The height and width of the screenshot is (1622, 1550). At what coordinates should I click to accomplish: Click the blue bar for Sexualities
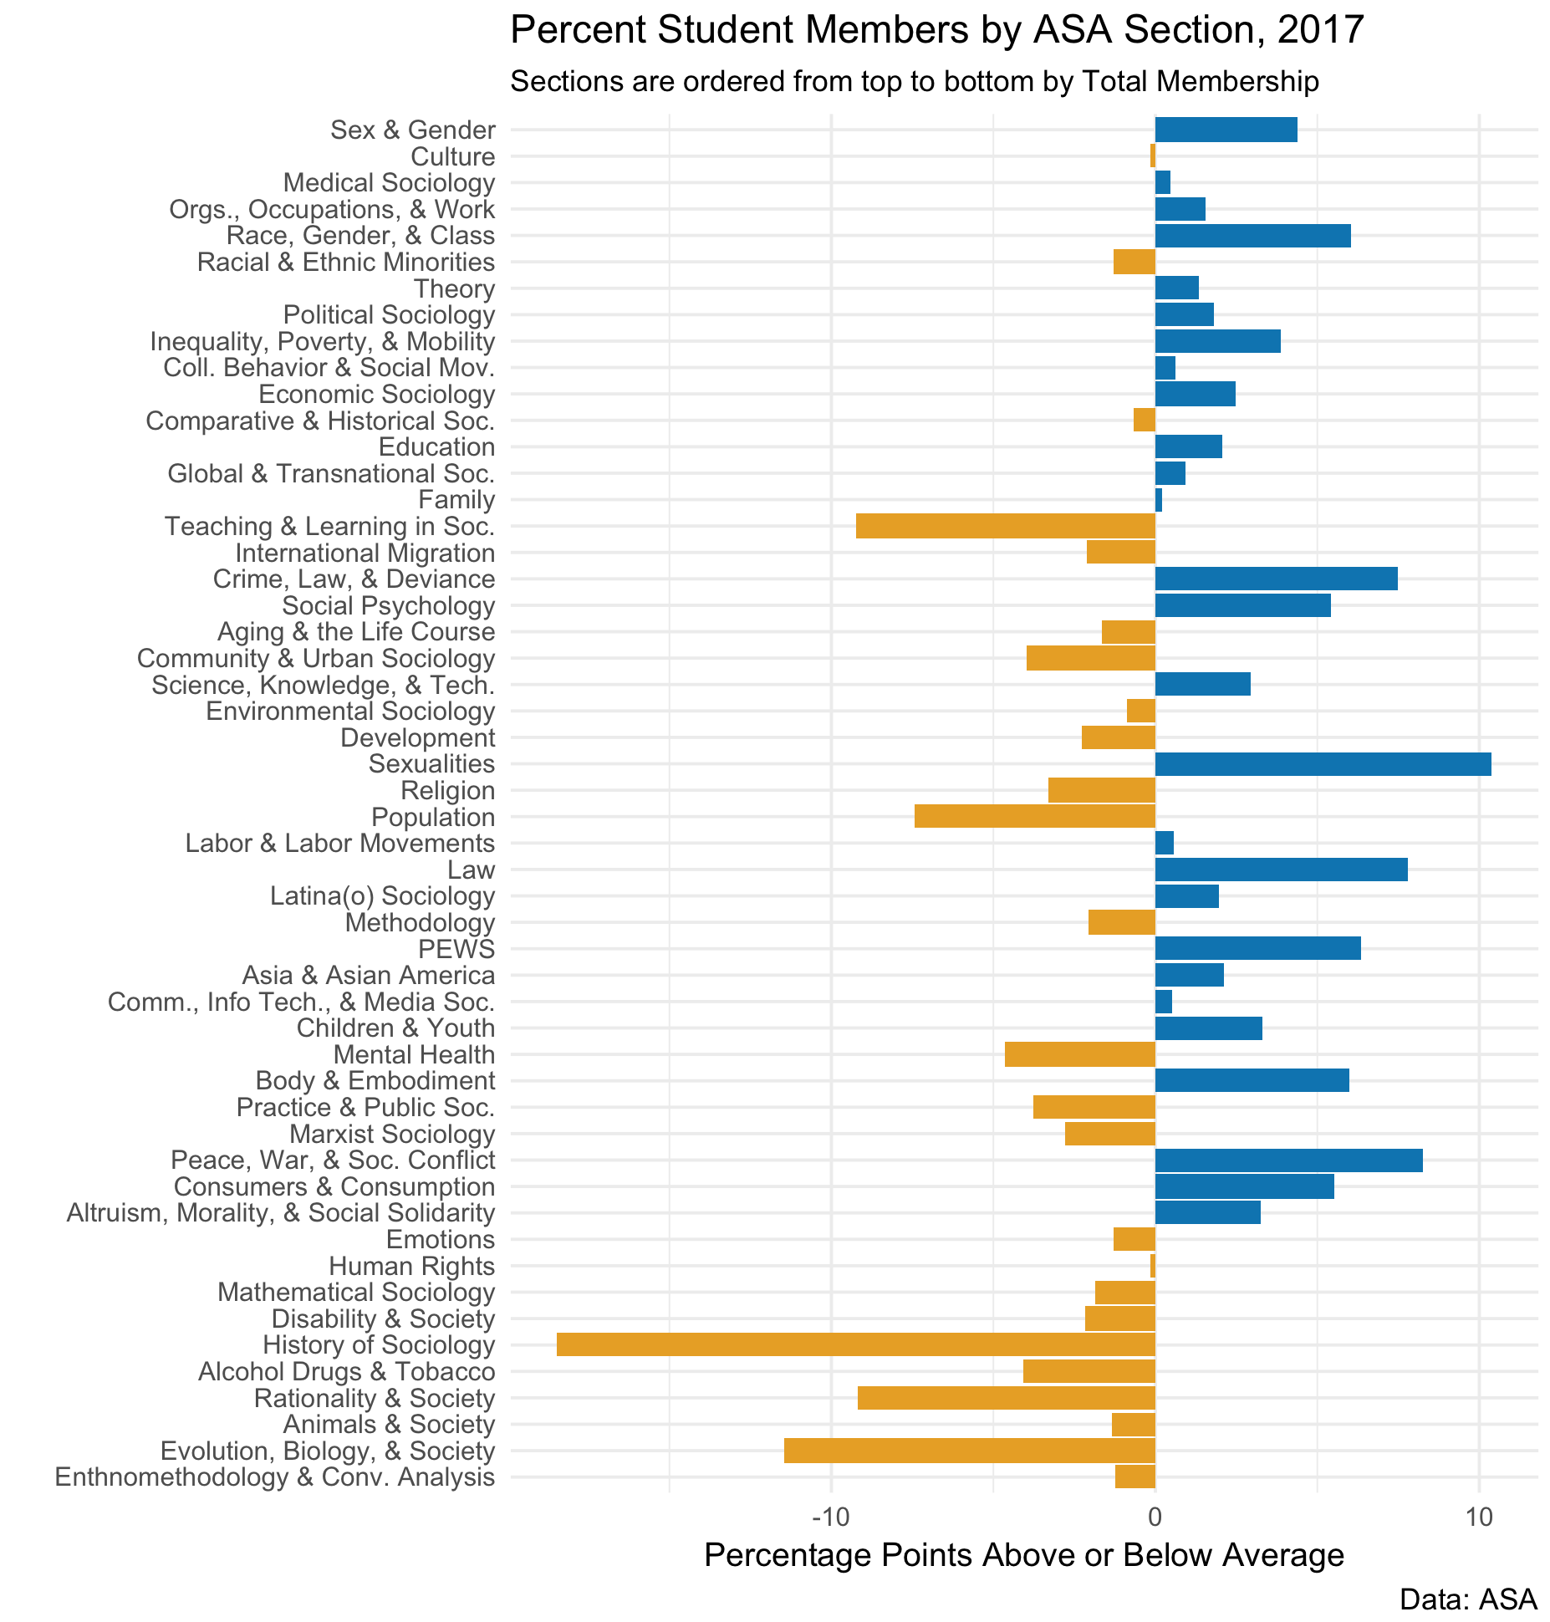coord(1323,764)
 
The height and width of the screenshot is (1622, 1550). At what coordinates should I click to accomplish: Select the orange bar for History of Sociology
coord(855,1345)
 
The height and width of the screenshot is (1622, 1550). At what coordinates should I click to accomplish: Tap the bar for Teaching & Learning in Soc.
coord(1005,527)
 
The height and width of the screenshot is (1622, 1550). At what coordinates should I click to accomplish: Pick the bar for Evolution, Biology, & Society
coord(969,1451)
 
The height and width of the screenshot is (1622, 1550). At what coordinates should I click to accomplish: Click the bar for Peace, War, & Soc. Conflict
coord(1288,1160)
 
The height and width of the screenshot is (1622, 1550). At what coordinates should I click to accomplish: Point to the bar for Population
coord(1034,817)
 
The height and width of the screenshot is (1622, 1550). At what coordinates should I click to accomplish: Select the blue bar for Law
coord(1281,870)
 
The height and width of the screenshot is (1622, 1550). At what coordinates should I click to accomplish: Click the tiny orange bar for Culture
coord(1152,156)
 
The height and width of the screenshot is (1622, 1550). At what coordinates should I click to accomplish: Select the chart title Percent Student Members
coord(936,32)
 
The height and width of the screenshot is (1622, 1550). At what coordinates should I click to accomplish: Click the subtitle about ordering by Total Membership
coord(914,82)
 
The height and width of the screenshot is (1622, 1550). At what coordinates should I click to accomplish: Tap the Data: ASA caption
coord(1467,1599)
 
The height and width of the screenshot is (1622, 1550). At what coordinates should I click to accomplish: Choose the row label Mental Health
coord(414,1055)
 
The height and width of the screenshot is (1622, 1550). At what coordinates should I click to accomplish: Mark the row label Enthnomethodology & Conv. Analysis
coord(274,1477)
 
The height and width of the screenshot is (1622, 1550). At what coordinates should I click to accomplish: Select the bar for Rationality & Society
coord(1006,1398)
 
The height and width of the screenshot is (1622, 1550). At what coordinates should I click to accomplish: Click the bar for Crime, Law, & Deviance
coord(1276,579)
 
